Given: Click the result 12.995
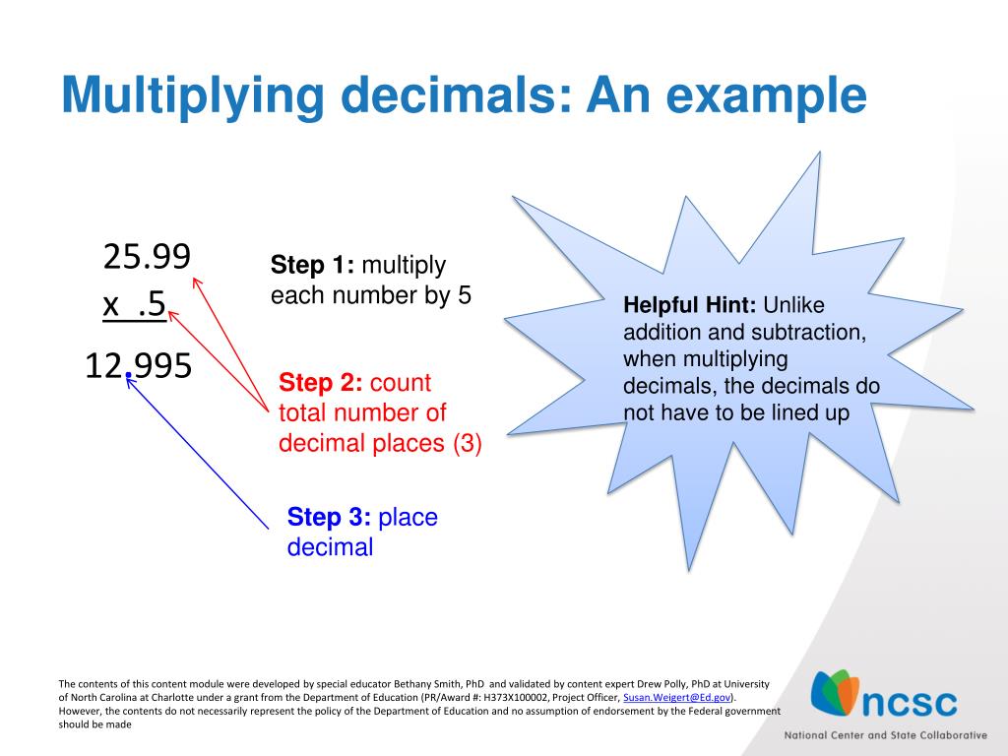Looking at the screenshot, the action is pyautogui.click(x=138, y=366).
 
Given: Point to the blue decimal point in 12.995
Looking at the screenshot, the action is pyautogui.click(x=128, y=377).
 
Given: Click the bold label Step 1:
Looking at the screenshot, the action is pyautogui.click(x=313, y=266).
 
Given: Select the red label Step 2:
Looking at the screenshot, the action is pyautogui.click(x=321, y=383).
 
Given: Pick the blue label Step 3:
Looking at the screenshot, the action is pyautogui.click(x=329, y=518).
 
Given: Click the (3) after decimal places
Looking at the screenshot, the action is pyautogui.click(x=468, y=443).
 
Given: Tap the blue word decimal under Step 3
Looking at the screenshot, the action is pyautogui.click(x=330, y=548).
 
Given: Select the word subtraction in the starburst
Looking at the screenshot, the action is pyautogui.click(x=812, y=332).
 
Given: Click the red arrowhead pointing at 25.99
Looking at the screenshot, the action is pyautogui.click(x=196, y=283).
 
